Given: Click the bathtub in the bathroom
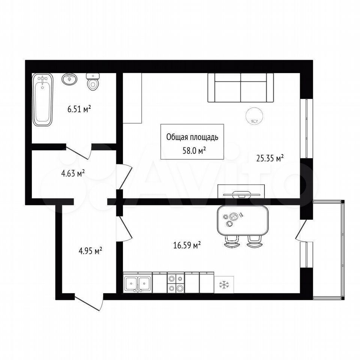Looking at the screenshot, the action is pos(42,99).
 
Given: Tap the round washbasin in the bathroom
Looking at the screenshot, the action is pos(69,79).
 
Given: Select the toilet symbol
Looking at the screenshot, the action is pos(93,81).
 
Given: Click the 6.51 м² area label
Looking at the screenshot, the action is pos(79,109).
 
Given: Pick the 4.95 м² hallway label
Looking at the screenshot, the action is pos(90,251).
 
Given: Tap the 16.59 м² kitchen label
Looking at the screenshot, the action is pos(187,245).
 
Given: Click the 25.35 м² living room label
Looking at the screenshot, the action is pos(270,158).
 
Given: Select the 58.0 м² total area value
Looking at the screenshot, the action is pos(194,151).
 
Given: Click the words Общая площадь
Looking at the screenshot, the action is pos(192,137).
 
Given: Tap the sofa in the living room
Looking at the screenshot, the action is pos(241,87).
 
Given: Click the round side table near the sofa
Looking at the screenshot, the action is pos(254,116).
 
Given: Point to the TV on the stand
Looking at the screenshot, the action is pos(241,195).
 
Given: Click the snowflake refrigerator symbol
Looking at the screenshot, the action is pos(224,285).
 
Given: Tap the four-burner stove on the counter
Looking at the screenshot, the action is pos(176,283).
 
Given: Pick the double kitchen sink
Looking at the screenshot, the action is pos(138,283).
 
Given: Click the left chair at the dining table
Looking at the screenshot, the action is pos(232,241).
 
